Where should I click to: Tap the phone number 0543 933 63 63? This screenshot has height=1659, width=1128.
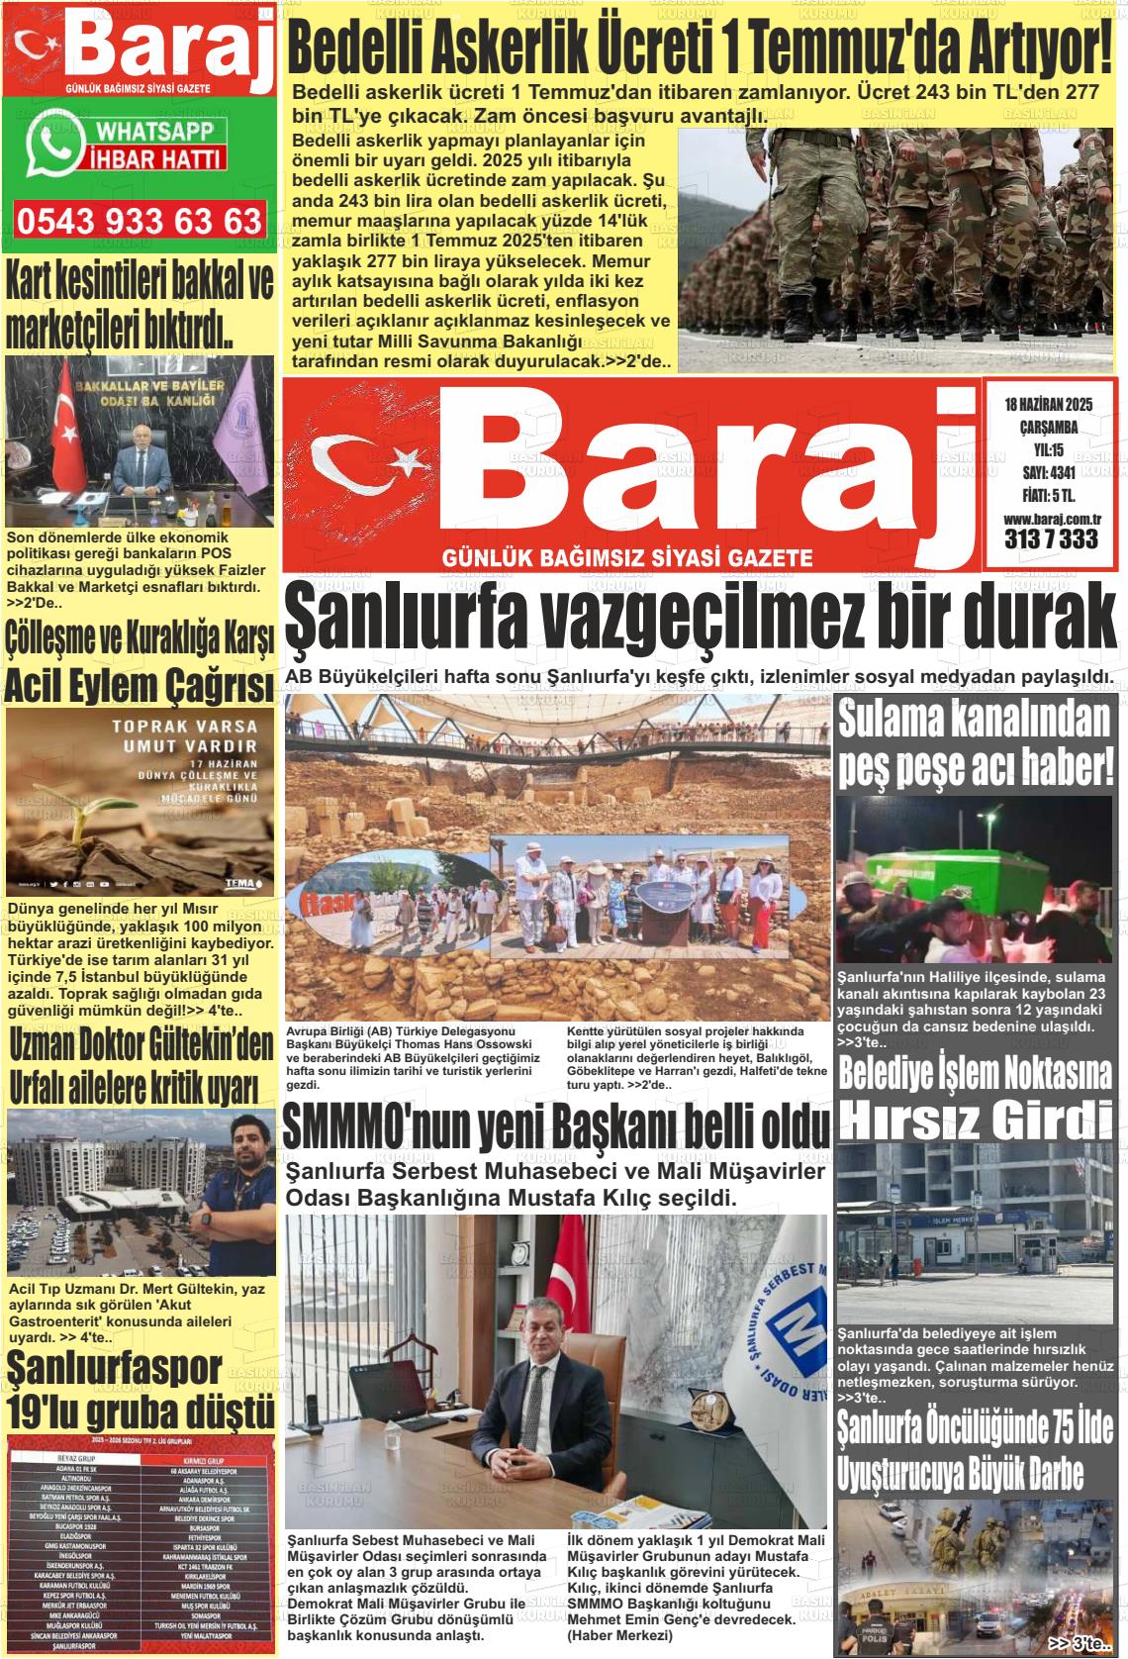pos(139,221)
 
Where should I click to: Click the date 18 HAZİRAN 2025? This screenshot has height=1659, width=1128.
pos(1047,404)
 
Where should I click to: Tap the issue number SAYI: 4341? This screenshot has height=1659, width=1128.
pos(1049,472)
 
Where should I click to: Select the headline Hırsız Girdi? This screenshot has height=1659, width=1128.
pos(975,1118)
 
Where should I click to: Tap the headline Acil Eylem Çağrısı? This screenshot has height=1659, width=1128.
pos(139,685)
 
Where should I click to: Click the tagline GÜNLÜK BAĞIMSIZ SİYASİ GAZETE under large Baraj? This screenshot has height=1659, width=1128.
pos(627,558)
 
